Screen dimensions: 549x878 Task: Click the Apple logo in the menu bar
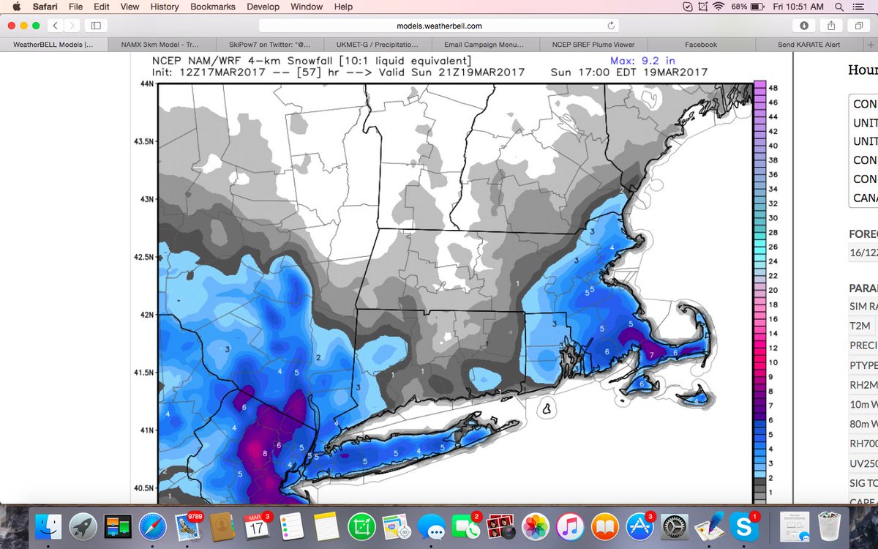click(x=16, y=7)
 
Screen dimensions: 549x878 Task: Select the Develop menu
click(x=263, y=7)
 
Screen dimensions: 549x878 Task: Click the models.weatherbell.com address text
click(x=439, y=26)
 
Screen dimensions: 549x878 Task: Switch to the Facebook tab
click(x=700, y=45)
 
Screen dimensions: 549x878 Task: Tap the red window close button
click(x=12, y=26)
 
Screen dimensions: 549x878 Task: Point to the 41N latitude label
click(x=146, y=430)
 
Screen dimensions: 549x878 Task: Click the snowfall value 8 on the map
click(x=265, y=454)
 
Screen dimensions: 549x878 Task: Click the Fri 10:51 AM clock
click(x=803, y=7)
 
